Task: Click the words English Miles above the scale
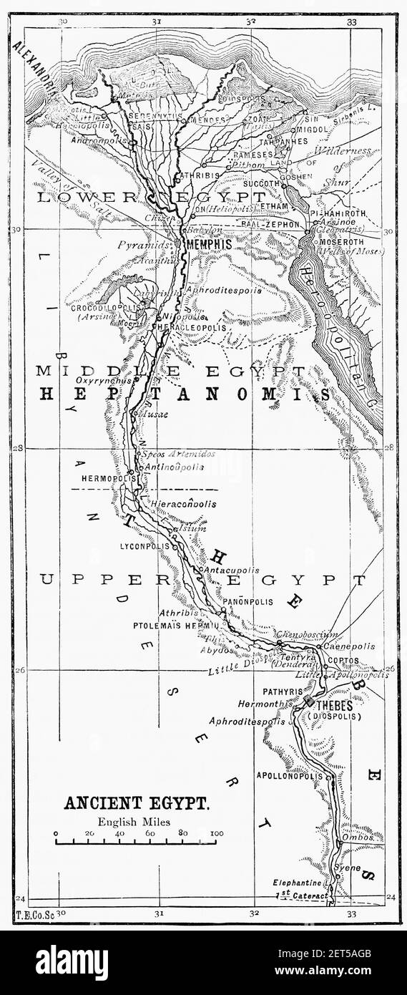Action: tap(137, 822)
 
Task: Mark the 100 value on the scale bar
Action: tap(217, 833)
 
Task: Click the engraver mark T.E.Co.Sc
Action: tap(34, 916)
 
